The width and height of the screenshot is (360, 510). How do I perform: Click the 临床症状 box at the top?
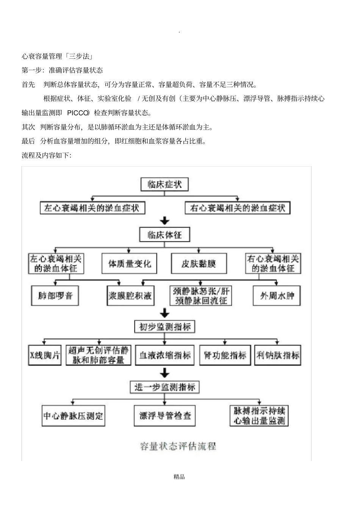(x=164, y=185)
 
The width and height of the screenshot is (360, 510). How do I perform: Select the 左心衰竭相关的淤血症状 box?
(x=92, y=208)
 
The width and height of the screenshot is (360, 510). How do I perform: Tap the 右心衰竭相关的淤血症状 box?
(x=238, y=208)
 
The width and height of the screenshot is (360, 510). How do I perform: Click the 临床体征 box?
(x=164, y=235)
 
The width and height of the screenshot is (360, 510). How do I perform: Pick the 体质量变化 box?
(x=130, y=264)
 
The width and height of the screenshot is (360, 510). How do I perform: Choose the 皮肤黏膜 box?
(x=199, y=264)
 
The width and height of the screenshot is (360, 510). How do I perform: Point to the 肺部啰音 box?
(x=55, y=296)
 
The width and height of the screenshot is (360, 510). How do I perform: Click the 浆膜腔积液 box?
(x=130, y=296)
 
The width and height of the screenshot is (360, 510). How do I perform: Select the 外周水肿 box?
(x=277, y=296)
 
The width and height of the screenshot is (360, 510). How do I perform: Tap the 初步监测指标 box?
(x=164, y=326)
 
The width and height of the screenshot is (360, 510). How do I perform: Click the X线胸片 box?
(x=45, y=355)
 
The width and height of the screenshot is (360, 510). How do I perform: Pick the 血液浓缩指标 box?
(x=165, y=355)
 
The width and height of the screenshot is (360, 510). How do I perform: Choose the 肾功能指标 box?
(x=225, y=355)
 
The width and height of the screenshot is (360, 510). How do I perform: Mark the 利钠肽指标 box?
(x=278, y=355)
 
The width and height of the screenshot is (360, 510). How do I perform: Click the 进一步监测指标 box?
(x=164, y=387)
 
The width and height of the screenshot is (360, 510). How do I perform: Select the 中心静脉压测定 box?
(x=73, y=416)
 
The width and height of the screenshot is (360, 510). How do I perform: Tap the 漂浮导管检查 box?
(x=165, y=416)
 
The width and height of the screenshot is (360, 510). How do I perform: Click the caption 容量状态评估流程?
(x=178, y=446)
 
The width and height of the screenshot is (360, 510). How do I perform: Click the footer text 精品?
(x=179, y=477)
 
